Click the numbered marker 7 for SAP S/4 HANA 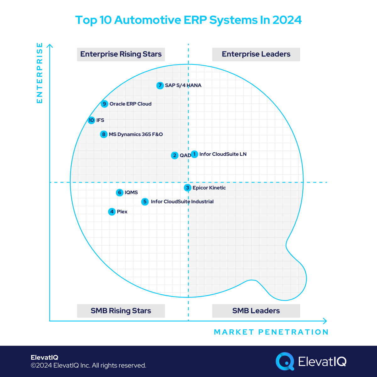(x=160, y=85)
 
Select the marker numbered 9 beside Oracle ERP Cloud (x=104, y=104)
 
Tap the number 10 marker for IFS (x=91, y=120)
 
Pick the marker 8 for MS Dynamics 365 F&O (x=104, y=134)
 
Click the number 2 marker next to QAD (x=175, y=156)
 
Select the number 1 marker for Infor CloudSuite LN (x=194, y=154)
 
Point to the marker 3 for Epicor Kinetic (x=188, y=188)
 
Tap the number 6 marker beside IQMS (x=120, y=193)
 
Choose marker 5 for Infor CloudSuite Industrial (x=145, y=202)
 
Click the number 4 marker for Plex (x=112, y=212)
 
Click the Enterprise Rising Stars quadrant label (x=121, y=54)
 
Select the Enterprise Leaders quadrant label (x=256, y=54)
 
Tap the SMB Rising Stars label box (x=121, y=311)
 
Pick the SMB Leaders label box (x=256, y=311)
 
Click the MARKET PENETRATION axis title (x=271, y=332)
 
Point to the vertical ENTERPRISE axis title (x=40, y=73)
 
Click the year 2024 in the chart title (x=287, y=20)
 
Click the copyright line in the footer (x=88, y=365)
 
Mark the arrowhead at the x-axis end (x=325, y=321)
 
